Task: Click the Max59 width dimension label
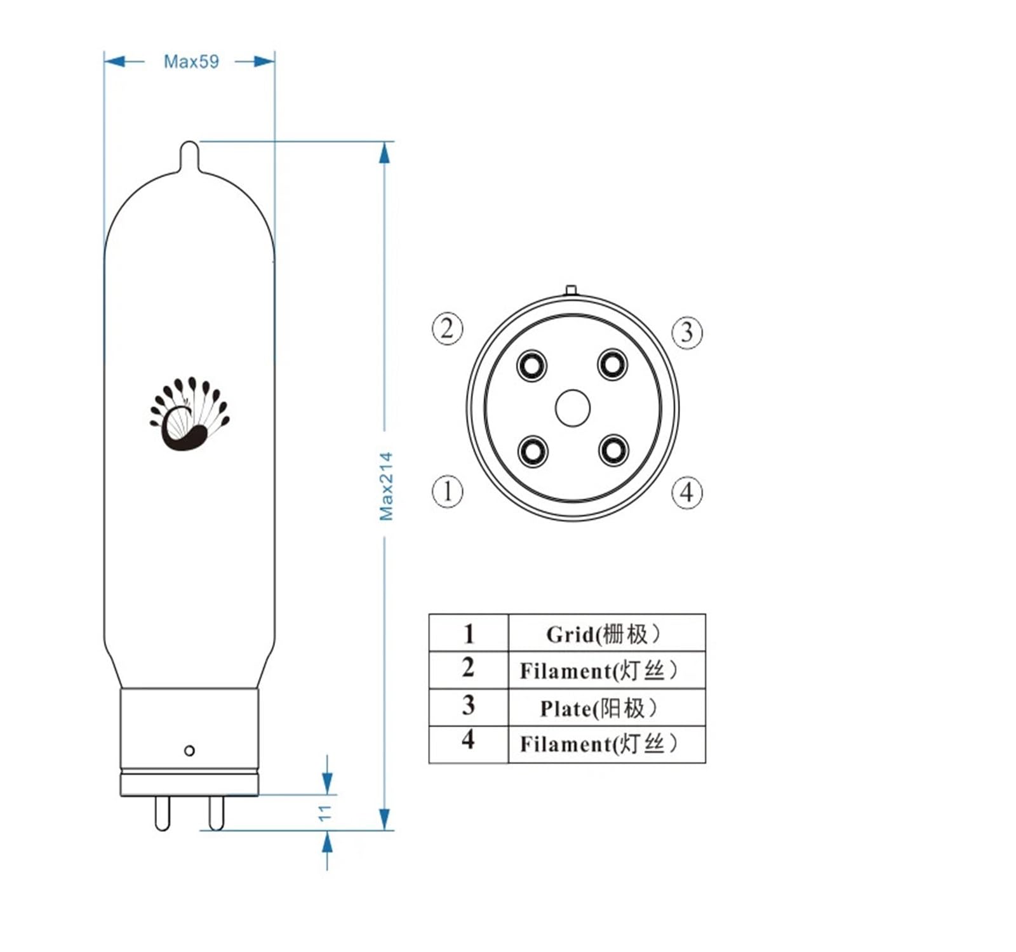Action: (190, 62)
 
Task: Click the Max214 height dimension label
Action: (386, 486)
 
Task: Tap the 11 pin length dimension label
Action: (325, 812)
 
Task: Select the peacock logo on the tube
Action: (189, 414)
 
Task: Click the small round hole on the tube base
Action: (189, 751)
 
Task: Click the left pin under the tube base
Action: (163, 813)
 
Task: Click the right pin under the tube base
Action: (217, 813)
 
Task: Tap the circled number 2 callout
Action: (448, 329)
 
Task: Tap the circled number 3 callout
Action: (687, 332)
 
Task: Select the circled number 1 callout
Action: (448, 492)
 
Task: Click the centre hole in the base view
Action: (572, 408)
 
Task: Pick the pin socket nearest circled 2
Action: (531, 366)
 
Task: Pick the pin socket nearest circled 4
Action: (613, 450)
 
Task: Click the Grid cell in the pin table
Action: (606, 633)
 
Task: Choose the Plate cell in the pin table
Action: (606, 707)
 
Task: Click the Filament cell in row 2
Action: (606, 670)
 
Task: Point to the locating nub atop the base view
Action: (571, 290)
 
